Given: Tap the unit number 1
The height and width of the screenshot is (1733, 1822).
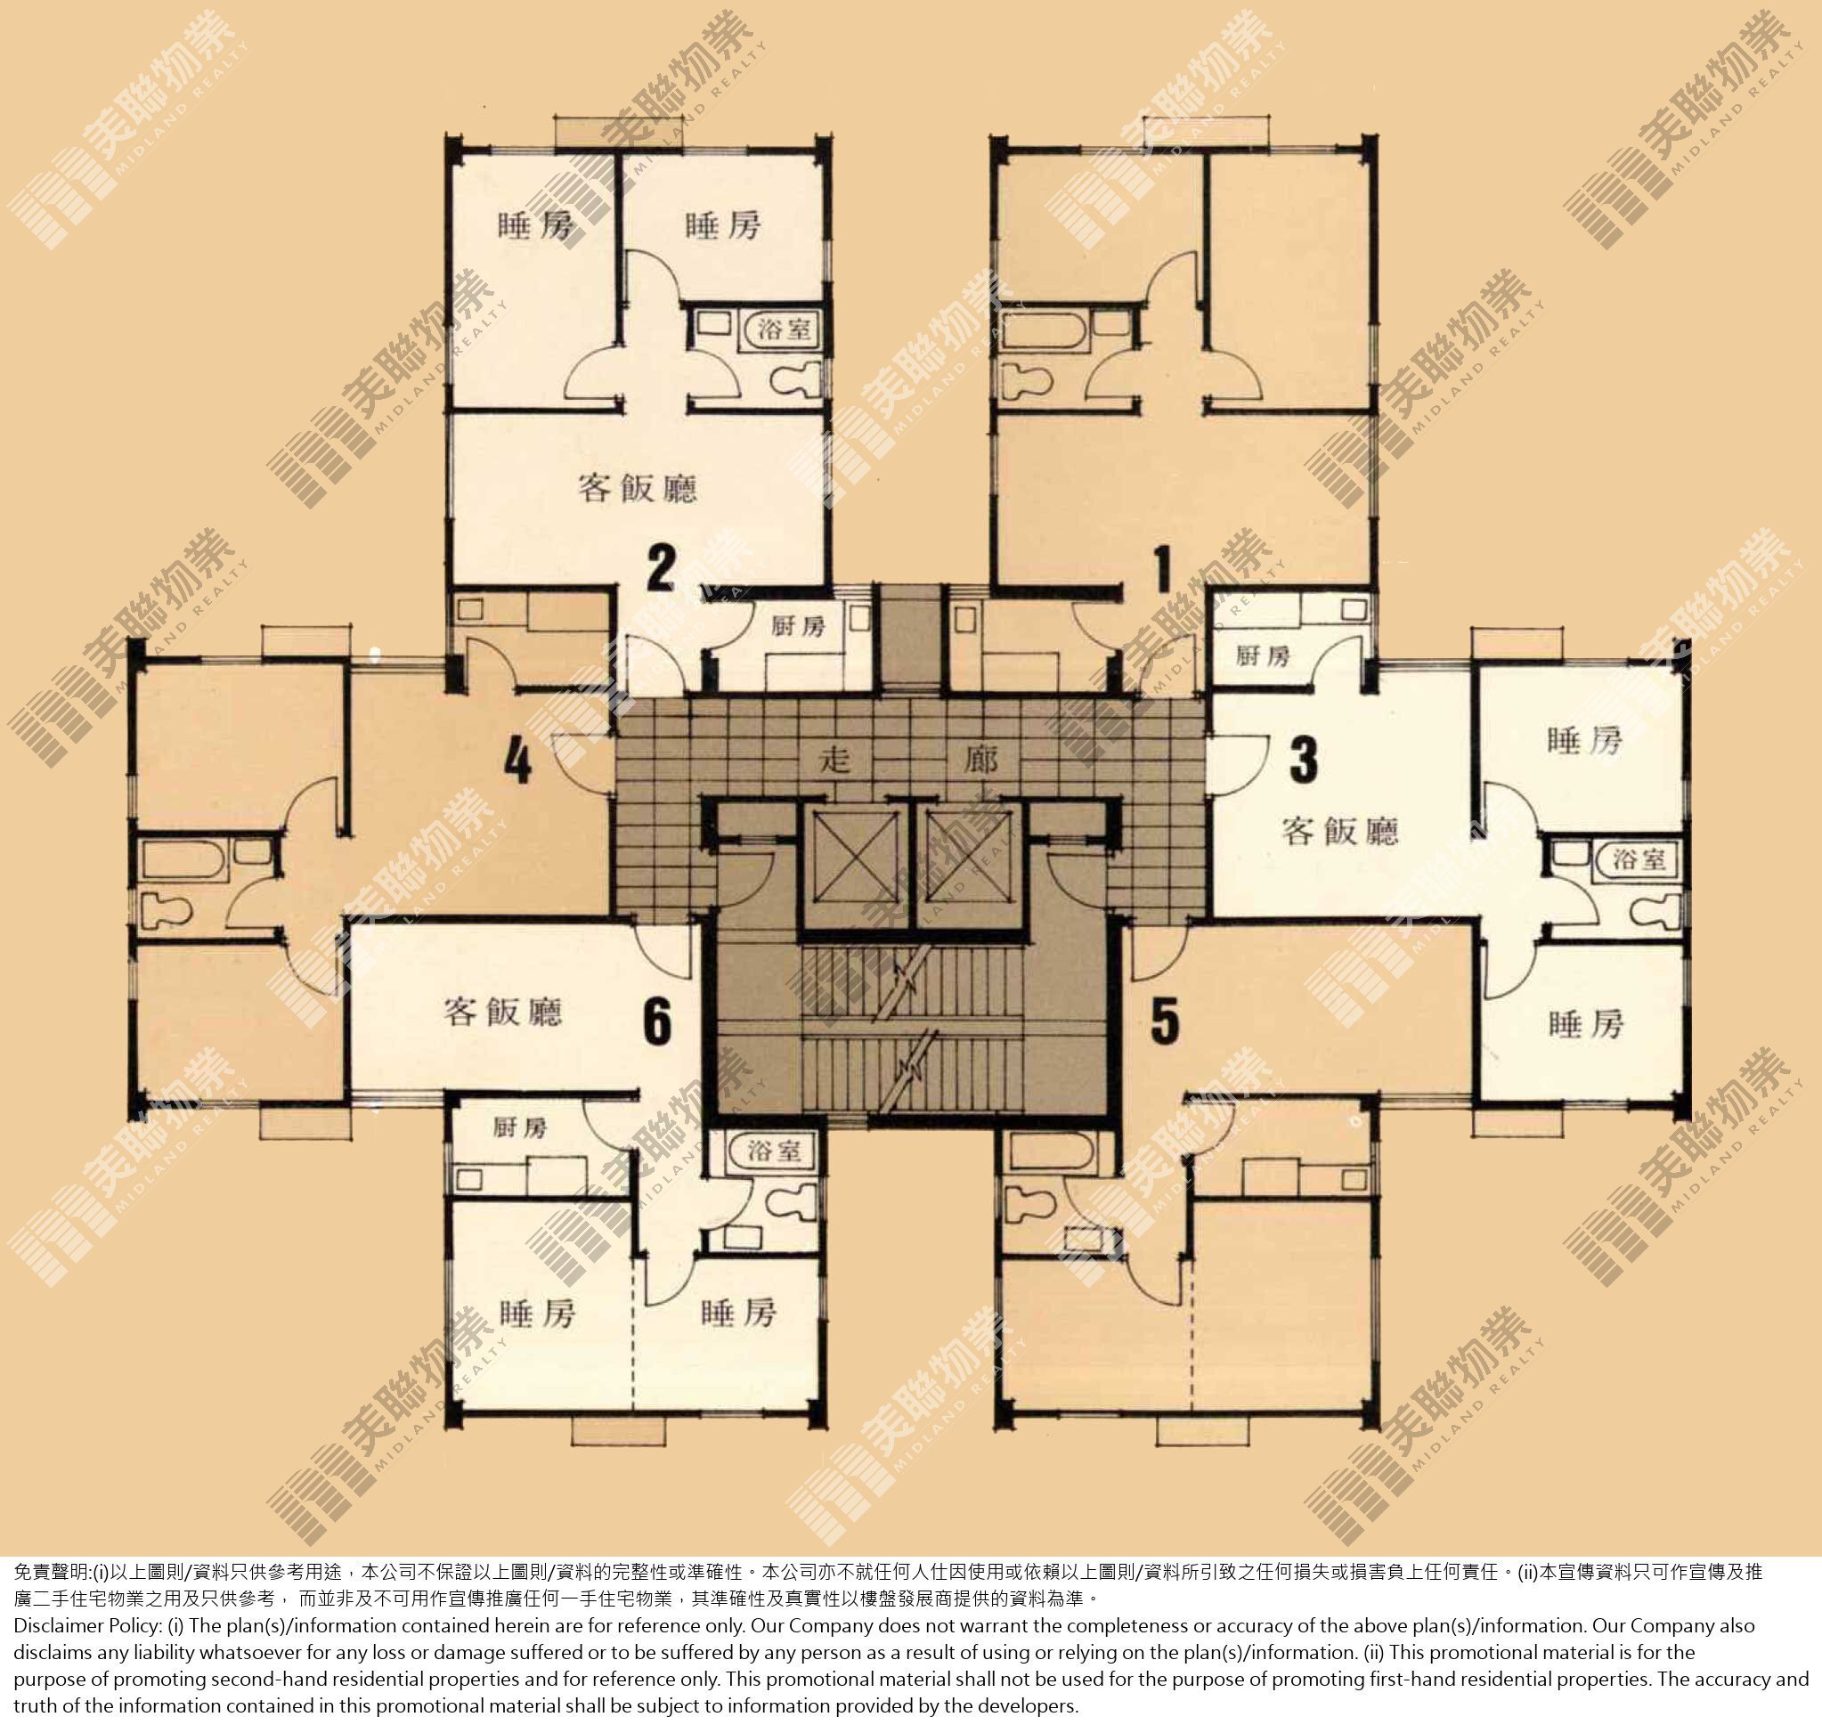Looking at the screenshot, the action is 1163,568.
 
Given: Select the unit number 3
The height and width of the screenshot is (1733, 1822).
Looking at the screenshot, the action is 1303,760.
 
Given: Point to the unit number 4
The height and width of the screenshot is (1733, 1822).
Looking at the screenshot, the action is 518,762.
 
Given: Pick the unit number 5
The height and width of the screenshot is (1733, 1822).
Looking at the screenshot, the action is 1164,1022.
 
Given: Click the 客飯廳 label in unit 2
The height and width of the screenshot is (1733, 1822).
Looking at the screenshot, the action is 638,487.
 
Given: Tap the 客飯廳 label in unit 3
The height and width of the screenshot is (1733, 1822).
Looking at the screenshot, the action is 1339,832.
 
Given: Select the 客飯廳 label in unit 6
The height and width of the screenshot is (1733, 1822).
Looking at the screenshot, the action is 502,1012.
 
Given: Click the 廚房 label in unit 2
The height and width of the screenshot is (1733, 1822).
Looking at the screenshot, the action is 798,626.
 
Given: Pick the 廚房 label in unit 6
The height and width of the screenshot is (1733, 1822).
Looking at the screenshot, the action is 520,1127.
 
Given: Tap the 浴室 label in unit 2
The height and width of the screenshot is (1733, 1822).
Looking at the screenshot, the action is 784,329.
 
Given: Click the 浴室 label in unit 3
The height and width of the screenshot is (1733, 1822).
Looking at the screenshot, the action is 1639,860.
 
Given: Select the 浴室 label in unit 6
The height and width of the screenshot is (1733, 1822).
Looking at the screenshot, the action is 774,1150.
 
